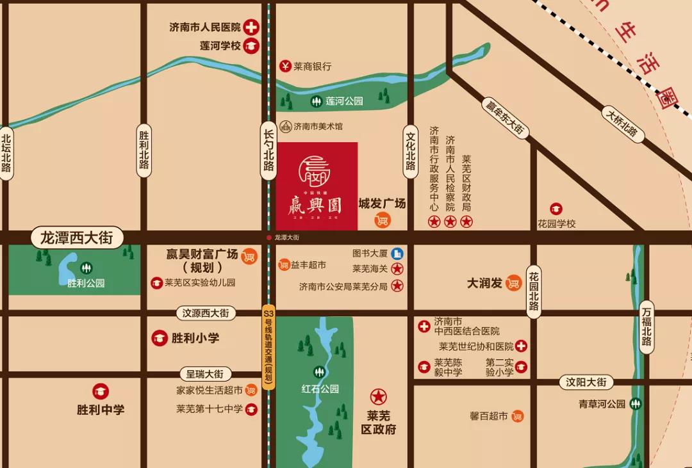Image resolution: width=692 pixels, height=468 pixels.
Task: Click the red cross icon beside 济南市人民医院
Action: [251, 27]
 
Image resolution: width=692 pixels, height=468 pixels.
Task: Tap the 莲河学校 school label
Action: [220, 45]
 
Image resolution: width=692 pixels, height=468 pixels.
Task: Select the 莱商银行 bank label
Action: [312, 66]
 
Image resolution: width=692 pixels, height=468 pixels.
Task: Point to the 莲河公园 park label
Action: [344, 101]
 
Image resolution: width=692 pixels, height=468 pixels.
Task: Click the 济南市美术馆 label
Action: [318, 127]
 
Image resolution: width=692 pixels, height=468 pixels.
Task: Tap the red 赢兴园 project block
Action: [317, 186]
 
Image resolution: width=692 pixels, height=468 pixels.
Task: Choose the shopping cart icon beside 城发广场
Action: [383, 220]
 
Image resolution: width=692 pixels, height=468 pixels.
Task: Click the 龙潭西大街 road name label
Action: [77, 238]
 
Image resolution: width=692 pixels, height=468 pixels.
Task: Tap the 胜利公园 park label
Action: [86, 283]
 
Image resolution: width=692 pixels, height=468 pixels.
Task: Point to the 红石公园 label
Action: [320, 389]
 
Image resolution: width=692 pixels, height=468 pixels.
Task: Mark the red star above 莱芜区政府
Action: [378, 397]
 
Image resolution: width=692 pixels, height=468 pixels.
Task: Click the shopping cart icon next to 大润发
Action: [513, 282]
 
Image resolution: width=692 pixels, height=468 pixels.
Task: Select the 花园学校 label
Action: [557, 223]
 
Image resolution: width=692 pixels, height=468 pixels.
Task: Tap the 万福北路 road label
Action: [647, 327]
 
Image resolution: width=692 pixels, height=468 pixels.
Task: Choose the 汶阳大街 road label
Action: [586, 382]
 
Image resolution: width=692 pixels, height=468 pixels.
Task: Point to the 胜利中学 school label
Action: [101, 410]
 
